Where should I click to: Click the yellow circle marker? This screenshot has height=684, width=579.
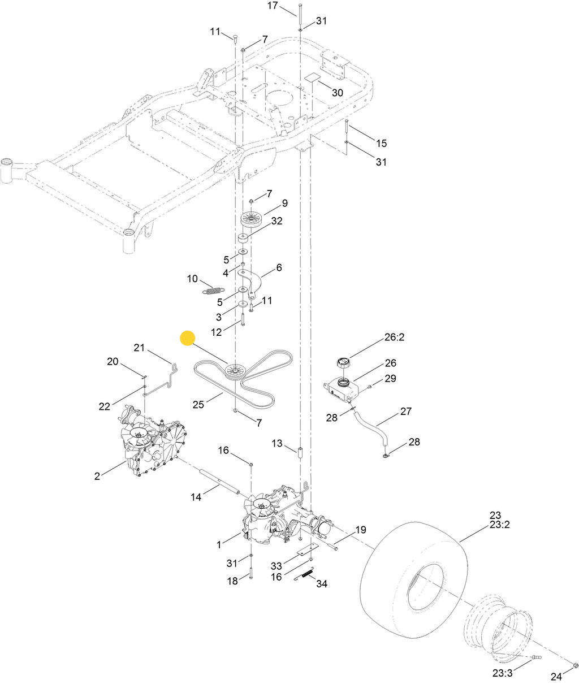tap(187, 338)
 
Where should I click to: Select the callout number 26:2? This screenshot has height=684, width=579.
tap(395, 337)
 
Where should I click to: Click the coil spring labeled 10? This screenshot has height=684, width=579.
tap(213, 291)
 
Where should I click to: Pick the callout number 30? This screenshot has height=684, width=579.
tap(337, 92)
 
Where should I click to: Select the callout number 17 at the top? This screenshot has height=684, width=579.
tap(273, 6)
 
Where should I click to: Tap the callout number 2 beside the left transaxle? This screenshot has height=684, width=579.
tap(97, 477)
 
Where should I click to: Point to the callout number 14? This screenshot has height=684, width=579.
tap(196, 497)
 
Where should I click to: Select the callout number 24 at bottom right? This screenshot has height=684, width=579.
tap(556, 677)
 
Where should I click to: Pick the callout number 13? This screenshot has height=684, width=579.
tap(276, 444)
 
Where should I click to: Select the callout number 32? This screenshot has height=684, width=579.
tap(276, 222)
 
